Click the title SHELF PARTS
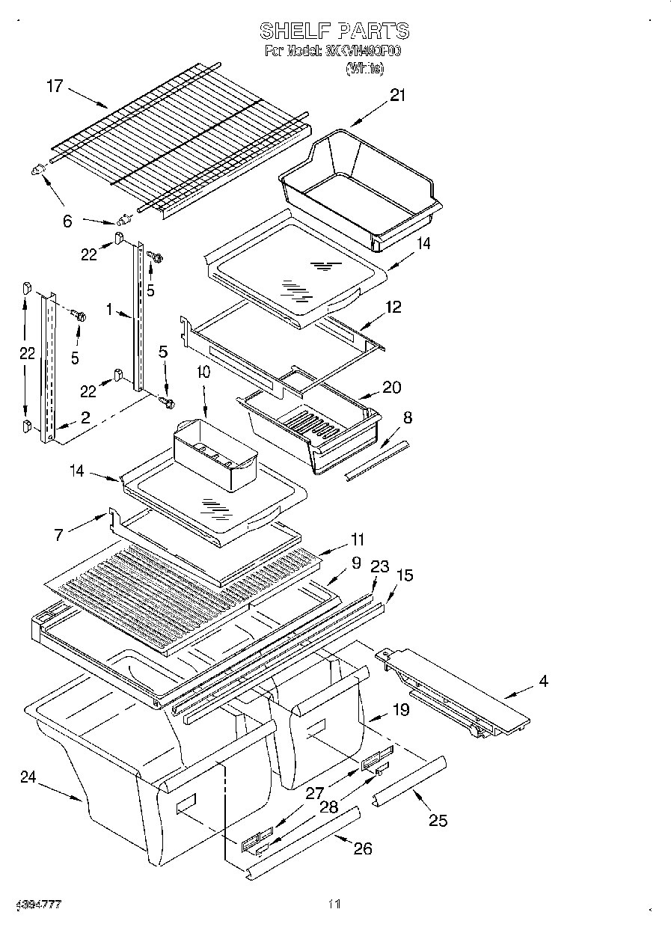[x=334, y=31]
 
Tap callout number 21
[x=396, y=95]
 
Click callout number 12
[x=393, y=307]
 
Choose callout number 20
[x=391, y=388]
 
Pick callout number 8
[x=407, y=417]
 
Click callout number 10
[x=203, y=372]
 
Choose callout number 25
[x=438, y=821]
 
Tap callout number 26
[x=363, y=848]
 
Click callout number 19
[x=401, y=709]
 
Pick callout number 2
[x=85, y=418]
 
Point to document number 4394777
[x=37, y=905]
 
